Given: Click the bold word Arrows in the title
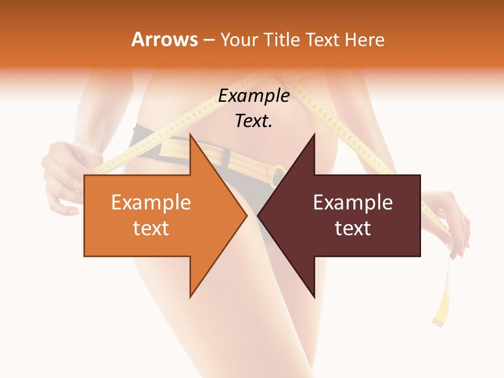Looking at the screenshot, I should point(165,39).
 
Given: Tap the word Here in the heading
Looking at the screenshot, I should point(364,39).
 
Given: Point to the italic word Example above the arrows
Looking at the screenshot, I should point(254,96).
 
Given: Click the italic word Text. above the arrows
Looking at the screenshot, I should point(254,121).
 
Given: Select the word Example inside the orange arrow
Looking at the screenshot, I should point(151,203).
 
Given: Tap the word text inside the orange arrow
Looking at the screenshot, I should point(151,228).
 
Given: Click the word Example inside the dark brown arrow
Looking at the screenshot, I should point(353,203).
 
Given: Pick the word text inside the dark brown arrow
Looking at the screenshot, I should point(353,228).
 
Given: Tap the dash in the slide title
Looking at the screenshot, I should point(209,40).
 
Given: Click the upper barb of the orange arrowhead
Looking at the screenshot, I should point(191,135).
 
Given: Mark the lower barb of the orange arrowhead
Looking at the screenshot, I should point(191,296).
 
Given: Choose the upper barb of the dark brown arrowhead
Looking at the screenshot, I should point(313,135).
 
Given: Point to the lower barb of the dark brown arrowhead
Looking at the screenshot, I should point(313,296).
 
